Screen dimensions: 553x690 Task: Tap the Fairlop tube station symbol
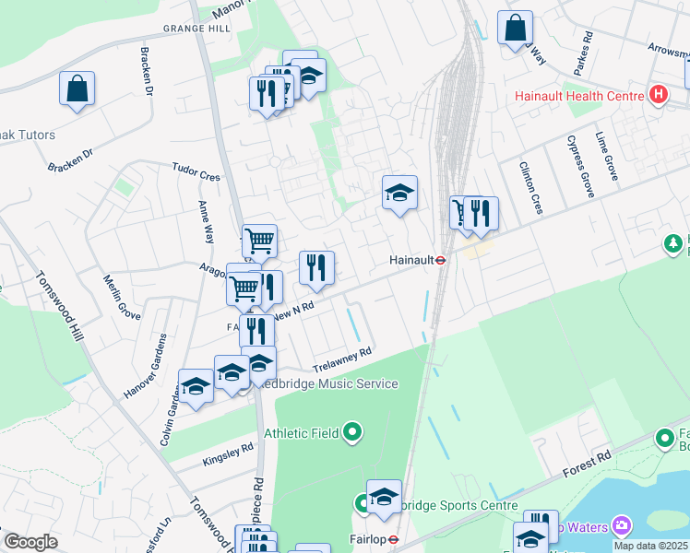[x=393, y=540]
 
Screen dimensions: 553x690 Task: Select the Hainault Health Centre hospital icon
[x=658, y=94]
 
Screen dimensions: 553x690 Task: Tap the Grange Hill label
[x=196, y=29]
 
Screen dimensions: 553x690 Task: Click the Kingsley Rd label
[x=227, y=453]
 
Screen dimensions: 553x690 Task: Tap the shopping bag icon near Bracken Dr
[x=77, y=89]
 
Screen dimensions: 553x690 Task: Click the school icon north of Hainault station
[x=400, y=194]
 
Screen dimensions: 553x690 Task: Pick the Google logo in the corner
[x=30, y=542]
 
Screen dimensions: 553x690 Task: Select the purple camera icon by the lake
[x=622, y=524]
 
